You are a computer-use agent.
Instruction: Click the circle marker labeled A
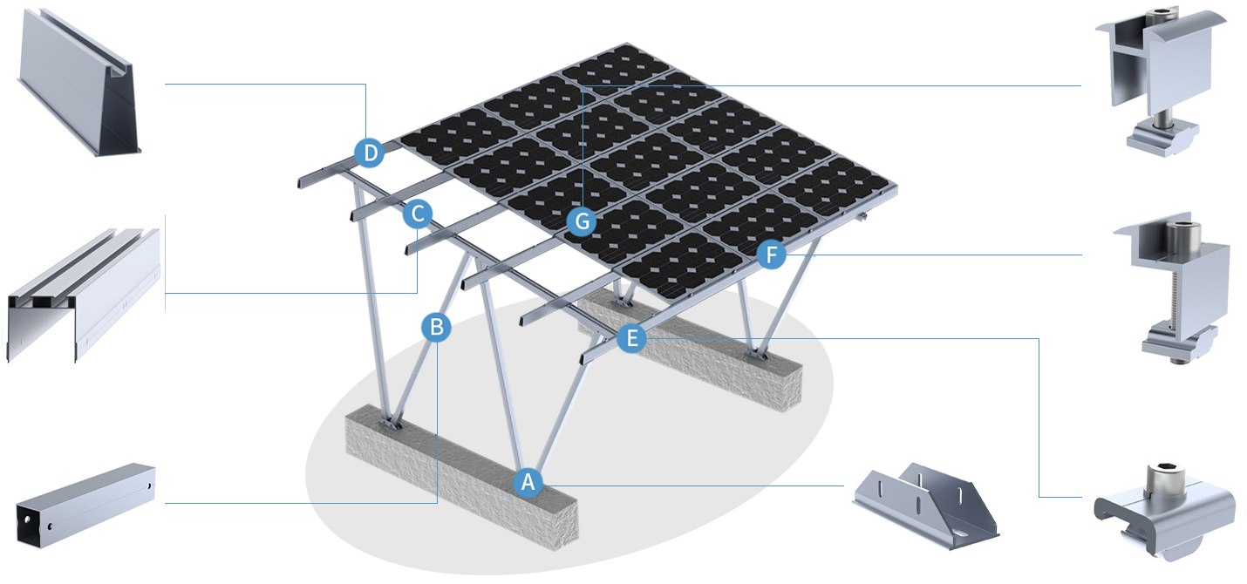(527, 481)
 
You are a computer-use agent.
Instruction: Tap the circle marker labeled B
(438, 328)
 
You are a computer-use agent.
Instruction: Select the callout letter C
(418, 213)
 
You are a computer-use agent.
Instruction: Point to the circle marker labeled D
(371, 154)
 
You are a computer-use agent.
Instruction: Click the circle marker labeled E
(632, 338)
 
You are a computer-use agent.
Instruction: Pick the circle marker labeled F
(770, 255)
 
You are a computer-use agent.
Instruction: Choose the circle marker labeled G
(582, 221)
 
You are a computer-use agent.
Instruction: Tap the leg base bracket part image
(927, 501)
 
